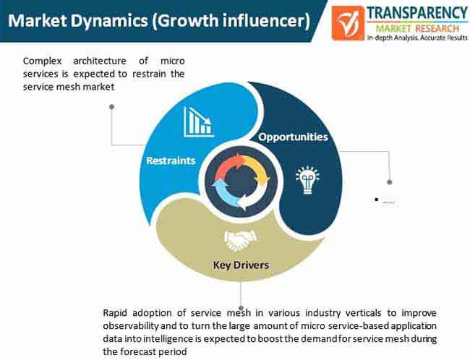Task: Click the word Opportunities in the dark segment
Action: pyautogui.click(x=293, y=137)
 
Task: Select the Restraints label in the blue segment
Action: pyautogui.click(x=171, y=160)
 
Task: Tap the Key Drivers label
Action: pyautogui.click(x=241, y=265)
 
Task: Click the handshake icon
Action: pyautogui.click(x=240, y=241)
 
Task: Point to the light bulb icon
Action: pyautogui.click(x=307, y=180)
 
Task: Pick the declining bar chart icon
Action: pyautogui.click(x=199, y=122)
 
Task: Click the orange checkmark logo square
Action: pyautogui.click(x=348, y=23)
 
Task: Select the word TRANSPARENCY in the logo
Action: pyautogui.click(x=417, y=13)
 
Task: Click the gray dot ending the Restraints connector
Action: pyautogui.click(x=112, y=107)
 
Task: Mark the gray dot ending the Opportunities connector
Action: pyautogui.click(x=390, y=182)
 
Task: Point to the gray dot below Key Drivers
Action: pyautogui.click(x=241, y=308)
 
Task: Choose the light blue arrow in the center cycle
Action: pyautogui.click(x=223, y=193)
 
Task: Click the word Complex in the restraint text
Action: pyautogui.click(x=42, y=61)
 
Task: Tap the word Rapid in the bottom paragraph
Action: pyautogui.click(x=115, y=313)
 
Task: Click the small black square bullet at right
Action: pyautogui.click(x=377, y=199)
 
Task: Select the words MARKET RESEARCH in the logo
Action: pyautogui.click(x=417, y=29)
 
